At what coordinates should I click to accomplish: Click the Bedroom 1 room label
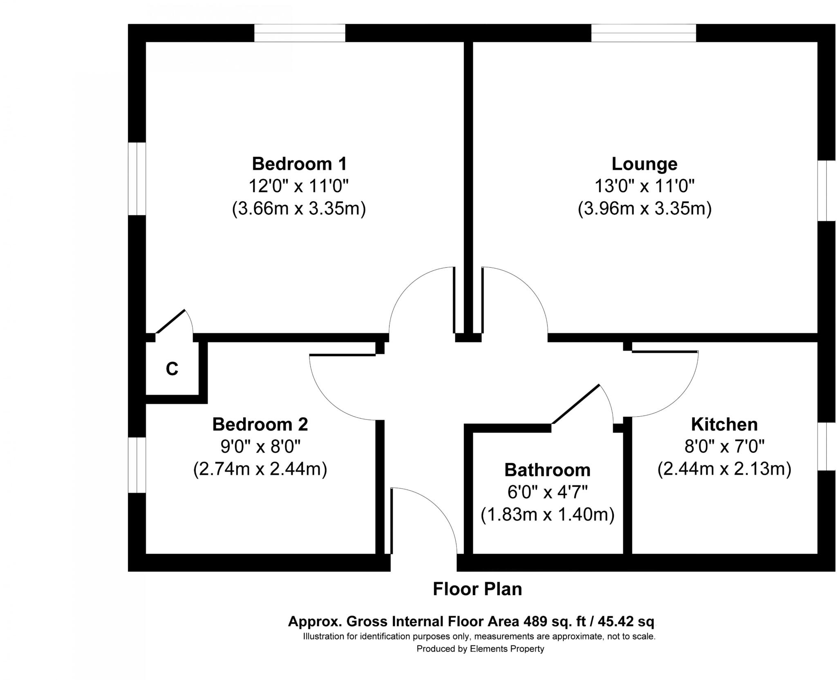[x=299, y=164]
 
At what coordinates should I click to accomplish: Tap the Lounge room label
[x=644, y=164]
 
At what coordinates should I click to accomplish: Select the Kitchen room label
[x=724, y=424]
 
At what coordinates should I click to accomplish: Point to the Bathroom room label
[x=547, y=470]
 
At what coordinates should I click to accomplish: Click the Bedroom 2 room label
[x=260, y=424]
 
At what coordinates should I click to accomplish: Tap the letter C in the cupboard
[x=172, y=369]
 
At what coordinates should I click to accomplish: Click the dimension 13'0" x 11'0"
[x=644, y=187]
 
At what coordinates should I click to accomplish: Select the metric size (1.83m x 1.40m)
[x=547, y=515]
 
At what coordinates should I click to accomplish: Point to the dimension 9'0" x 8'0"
[x=260, y=447]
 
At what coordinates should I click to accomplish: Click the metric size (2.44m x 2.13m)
[x=724, y=469]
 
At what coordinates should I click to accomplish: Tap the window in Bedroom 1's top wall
[x=300, y=33]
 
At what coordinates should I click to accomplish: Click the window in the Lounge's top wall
[x=643, y=33]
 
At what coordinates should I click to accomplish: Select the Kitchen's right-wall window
[x=826, y=446]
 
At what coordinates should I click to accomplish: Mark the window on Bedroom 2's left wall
[x=137, y=465]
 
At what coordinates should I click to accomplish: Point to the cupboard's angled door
[x=171, y=321]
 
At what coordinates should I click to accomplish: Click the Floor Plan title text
[x=477, y=589]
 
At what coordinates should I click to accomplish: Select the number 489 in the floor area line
[x=535, y=622]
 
